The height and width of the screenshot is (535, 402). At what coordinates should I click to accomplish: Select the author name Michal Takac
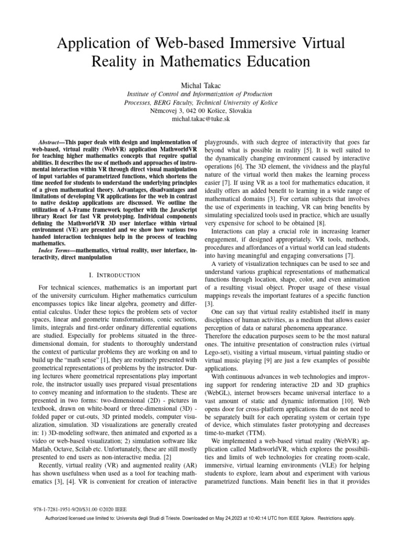[200, 85]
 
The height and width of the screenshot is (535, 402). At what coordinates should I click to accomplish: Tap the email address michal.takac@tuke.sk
[200, 120]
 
